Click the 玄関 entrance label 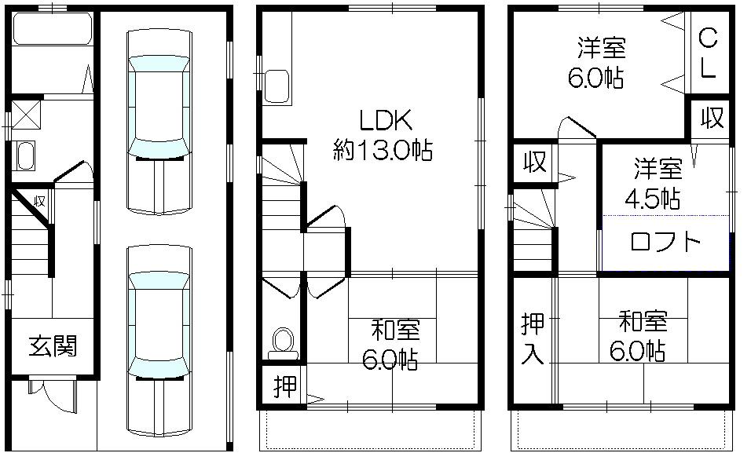coord(54,345)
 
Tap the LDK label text coord(386,121)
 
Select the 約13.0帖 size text coord(383,150)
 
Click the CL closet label coord(707,53)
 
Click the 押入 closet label coord(533,338)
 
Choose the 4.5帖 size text coord(652,199)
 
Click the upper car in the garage coord(159,122)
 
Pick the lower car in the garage coord(159,338)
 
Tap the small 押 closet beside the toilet coord(283,387)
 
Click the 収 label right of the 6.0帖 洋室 coord(712,119)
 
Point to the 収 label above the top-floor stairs coord(534,163)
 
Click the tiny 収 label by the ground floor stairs coord(39,200)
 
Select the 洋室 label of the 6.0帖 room coord(602,49)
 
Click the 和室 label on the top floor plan coord(643,321)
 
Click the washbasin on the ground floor coord(25,155)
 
